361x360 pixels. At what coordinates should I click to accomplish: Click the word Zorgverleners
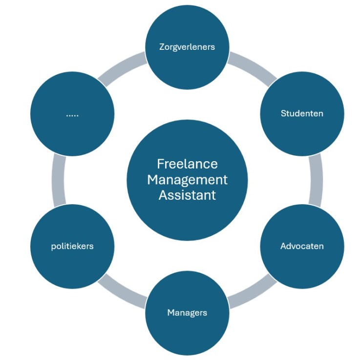187,47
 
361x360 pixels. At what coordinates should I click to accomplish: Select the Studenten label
302,113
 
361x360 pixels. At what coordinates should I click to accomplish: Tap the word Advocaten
302,246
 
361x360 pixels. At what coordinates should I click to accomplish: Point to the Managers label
187,313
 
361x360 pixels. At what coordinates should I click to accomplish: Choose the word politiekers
72,246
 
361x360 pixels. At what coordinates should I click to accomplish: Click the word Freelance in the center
187,164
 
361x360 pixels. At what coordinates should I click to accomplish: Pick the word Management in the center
187,180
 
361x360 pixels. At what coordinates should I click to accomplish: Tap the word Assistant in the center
187,195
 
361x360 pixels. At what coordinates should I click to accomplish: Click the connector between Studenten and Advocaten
316,180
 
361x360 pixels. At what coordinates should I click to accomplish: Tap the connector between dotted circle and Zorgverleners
122,66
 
